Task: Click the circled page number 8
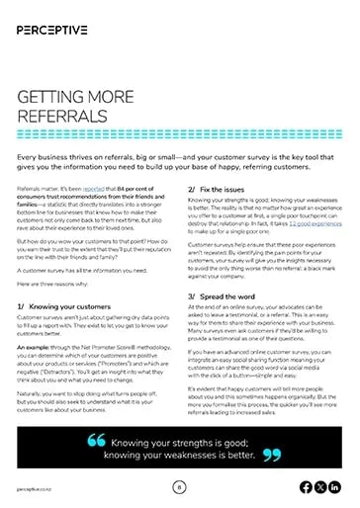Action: (179, 486)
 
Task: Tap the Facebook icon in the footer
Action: (304, 486)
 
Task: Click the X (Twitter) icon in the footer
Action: (318, 486)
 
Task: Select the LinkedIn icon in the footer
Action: (333, 486)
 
